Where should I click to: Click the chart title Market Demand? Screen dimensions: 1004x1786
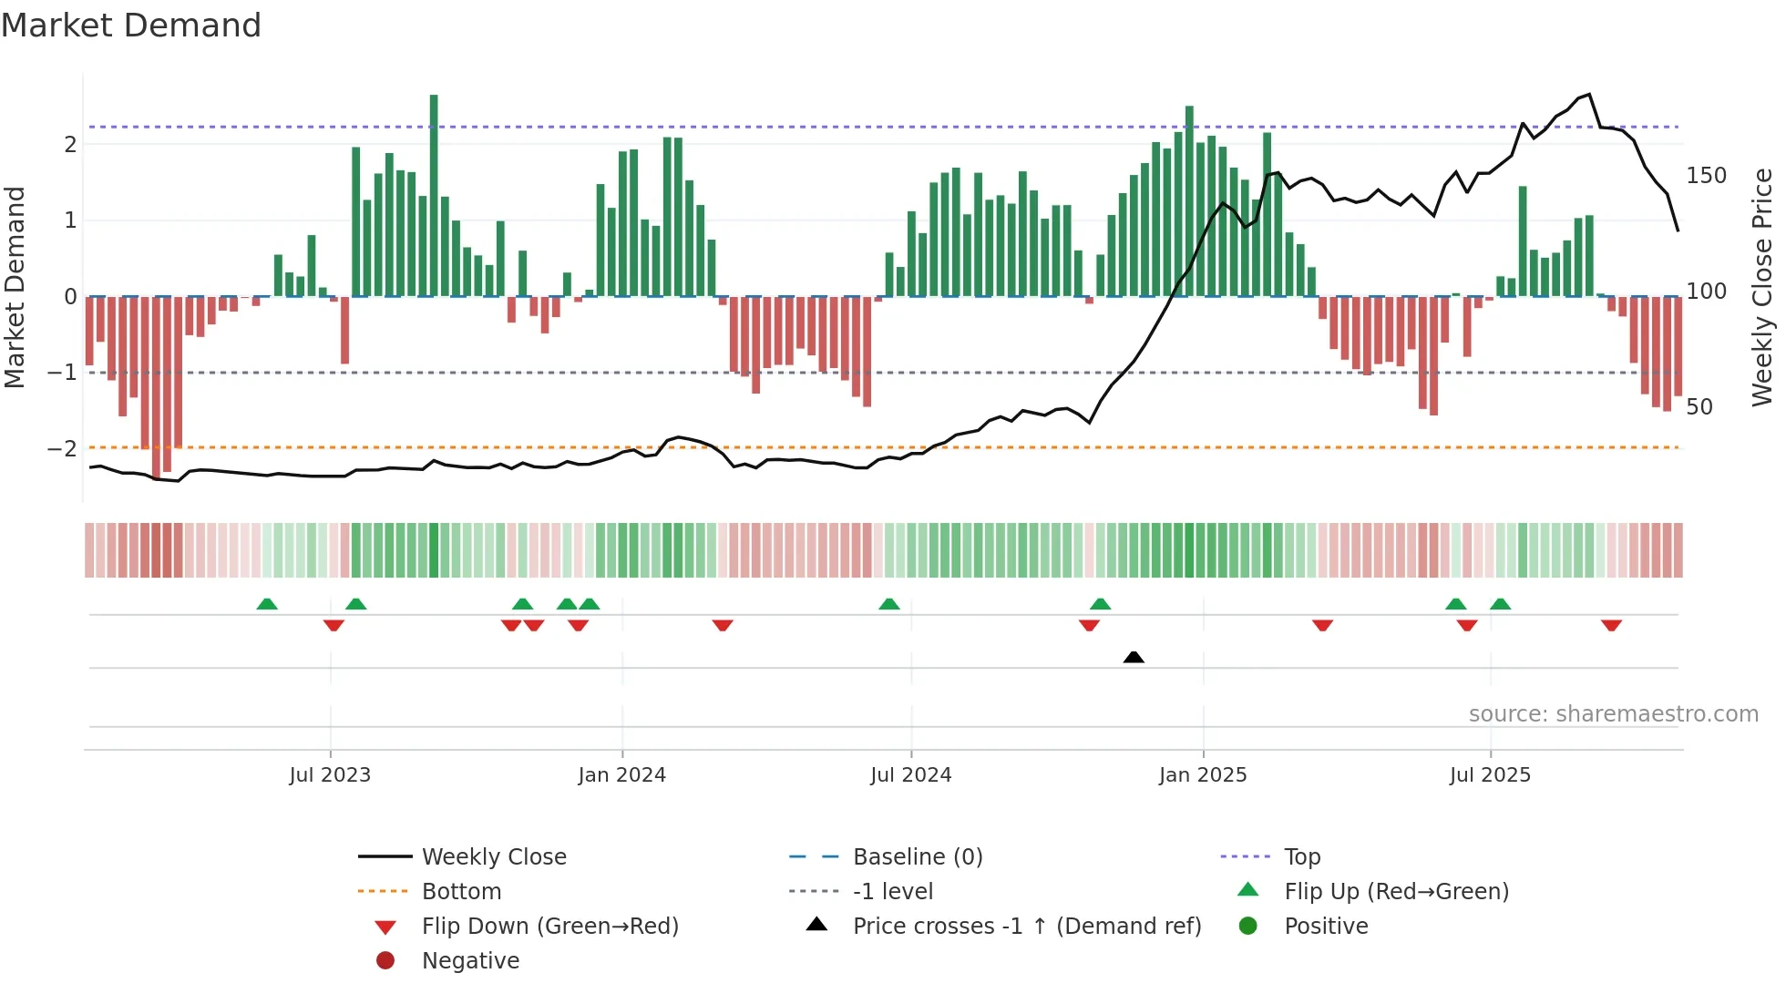(131, 25)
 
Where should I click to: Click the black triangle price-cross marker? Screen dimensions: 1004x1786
(1134, 657)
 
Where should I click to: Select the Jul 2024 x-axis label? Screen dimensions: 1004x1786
(910, 775)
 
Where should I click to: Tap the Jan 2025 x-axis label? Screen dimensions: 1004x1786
(1203, 775)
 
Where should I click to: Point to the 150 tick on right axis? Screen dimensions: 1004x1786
(1706, 175)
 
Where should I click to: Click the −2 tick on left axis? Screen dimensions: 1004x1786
(62, 448)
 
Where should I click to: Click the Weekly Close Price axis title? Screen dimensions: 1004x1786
(1761, 287)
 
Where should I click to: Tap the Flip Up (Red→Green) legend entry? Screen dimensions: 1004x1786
(1396, 891)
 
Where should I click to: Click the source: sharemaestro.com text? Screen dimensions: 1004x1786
(1613, 714)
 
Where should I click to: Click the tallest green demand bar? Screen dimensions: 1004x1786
(434, 195)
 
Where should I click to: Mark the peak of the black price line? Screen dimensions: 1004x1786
(1589, 95)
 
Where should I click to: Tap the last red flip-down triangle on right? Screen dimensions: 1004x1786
(1611, 625)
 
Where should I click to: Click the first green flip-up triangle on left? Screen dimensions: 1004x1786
(267, 604)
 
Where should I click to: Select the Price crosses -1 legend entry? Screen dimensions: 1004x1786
(1026, 926)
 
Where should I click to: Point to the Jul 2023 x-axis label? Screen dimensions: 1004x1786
(330, 775)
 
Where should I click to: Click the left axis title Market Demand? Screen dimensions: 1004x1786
(15, 287)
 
